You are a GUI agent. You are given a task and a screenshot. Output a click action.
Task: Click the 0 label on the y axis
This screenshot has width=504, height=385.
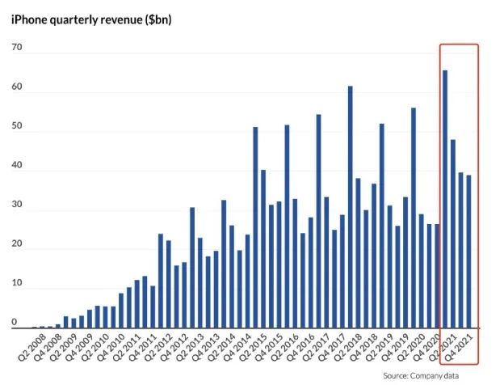tap(15, 323)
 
